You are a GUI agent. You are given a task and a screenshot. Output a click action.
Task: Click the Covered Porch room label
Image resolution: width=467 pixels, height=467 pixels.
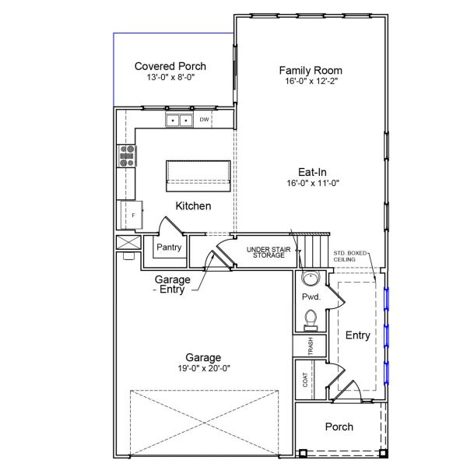pyautogui.click(x=170, y=66)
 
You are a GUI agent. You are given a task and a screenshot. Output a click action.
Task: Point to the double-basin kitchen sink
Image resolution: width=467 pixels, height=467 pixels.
pyautogui.click(x=179, y=120)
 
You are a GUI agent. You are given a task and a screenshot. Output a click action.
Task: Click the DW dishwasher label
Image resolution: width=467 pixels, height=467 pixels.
pyautogui.click(x=204, y=120)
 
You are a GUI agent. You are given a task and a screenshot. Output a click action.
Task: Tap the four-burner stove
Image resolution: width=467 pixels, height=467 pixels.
pyautogui.click(x=127, y=156)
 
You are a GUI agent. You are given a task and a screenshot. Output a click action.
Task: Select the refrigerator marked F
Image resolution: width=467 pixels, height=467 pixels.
pyautogui.click(x=132, y=215)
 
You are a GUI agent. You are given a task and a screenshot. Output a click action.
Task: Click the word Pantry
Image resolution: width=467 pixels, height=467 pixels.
pyautogui.click(x=169, y=248)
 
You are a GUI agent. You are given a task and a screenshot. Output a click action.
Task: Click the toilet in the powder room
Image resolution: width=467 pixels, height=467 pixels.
pyautogui.click(x=310, y=319)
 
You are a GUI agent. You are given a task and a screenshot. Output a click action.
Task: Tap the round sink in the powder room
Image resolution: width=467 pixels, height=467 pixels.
pyautogui.click(x=310, y=279)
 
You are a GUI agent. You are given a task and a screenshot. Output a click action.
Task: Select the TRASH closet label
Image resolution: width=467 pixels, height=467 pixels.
pyautogui.click(x=310, y=346)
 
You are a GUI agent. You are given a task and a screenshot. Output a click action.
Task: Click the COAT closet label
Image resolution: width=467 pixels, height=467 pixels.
pyautogui.click(x=304, y=379)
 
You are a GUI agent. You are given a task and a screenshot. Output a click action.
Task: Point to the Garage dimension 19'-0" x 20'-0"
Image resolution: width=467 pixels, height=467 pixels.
pyautogui.click(x=203, y=368)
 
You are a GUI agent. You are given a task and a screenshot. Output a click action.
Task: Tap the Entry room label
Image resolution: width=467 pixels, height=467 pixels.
pyautogui.click(x=357, y=335)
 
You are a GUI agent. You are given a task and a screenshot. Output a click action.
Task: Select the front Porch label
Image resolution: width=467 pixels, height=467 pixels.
pyautogui.click(x=339, y=427)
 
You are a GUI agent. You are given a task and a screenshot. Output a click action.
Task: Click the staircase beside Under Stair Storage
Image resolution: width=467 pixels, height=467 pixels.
pyautogui.click(x=317, y=250)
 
